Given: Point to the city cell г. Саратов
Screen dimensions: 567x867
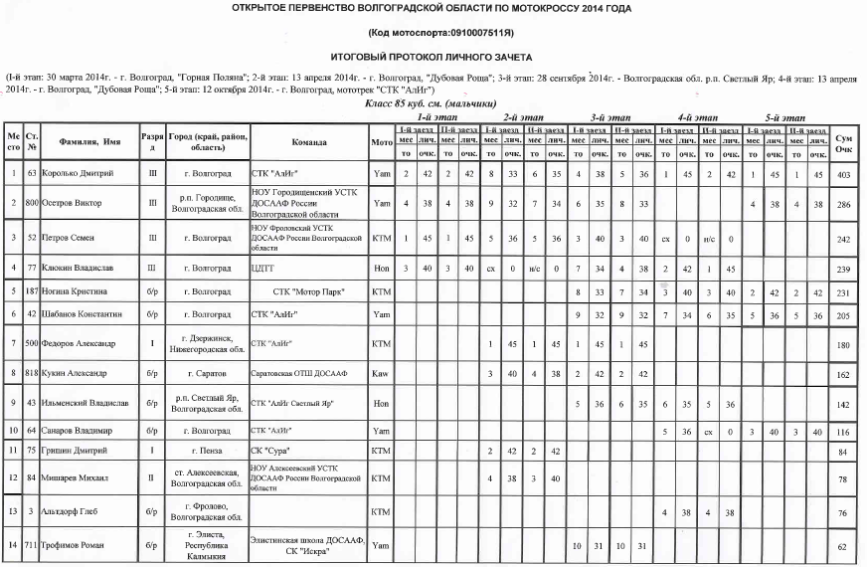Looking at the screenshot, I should click(x=207, y=376).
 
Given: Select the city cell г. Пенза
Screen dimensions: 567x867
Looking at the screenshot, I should click(x=207, y=451).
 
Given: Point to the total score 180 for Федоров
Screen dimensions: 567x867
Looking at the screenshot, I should click(x=843, y=343).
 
